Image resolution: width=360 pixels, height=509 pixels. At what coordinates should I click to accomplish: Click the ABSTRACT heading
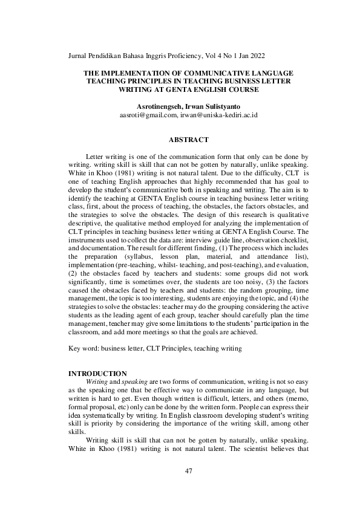click(x=180, y=140)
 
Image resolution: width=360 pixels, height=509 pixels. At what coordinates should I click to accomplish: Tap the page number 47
click(x=180, y=471)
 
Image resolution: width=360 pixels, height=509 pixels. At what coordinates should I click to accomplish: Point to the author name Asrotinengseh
click(x=160, y=105)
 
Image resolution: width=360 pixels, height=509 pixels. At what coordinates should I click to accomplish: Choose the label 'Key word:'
click(x=83, y=349)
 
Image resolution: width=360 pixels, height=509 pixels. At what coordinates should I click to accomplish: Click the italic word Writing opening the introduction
click(x=96, y=383)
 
